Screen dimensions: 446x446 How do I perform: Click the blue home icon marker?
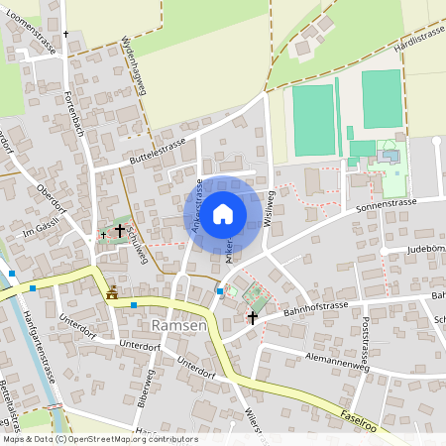pyautogui.click(x=223, y=213)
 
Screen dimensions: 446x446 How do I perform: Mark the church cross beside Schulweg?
pyautogui.click(x=120, y=230)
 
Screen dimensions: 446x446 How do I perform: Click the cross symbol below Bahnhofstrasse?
pyautogui.click(x=253, y=318)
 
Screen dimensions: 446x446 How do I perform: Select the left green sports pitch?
pyautogui.click(x=313, y=120)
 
